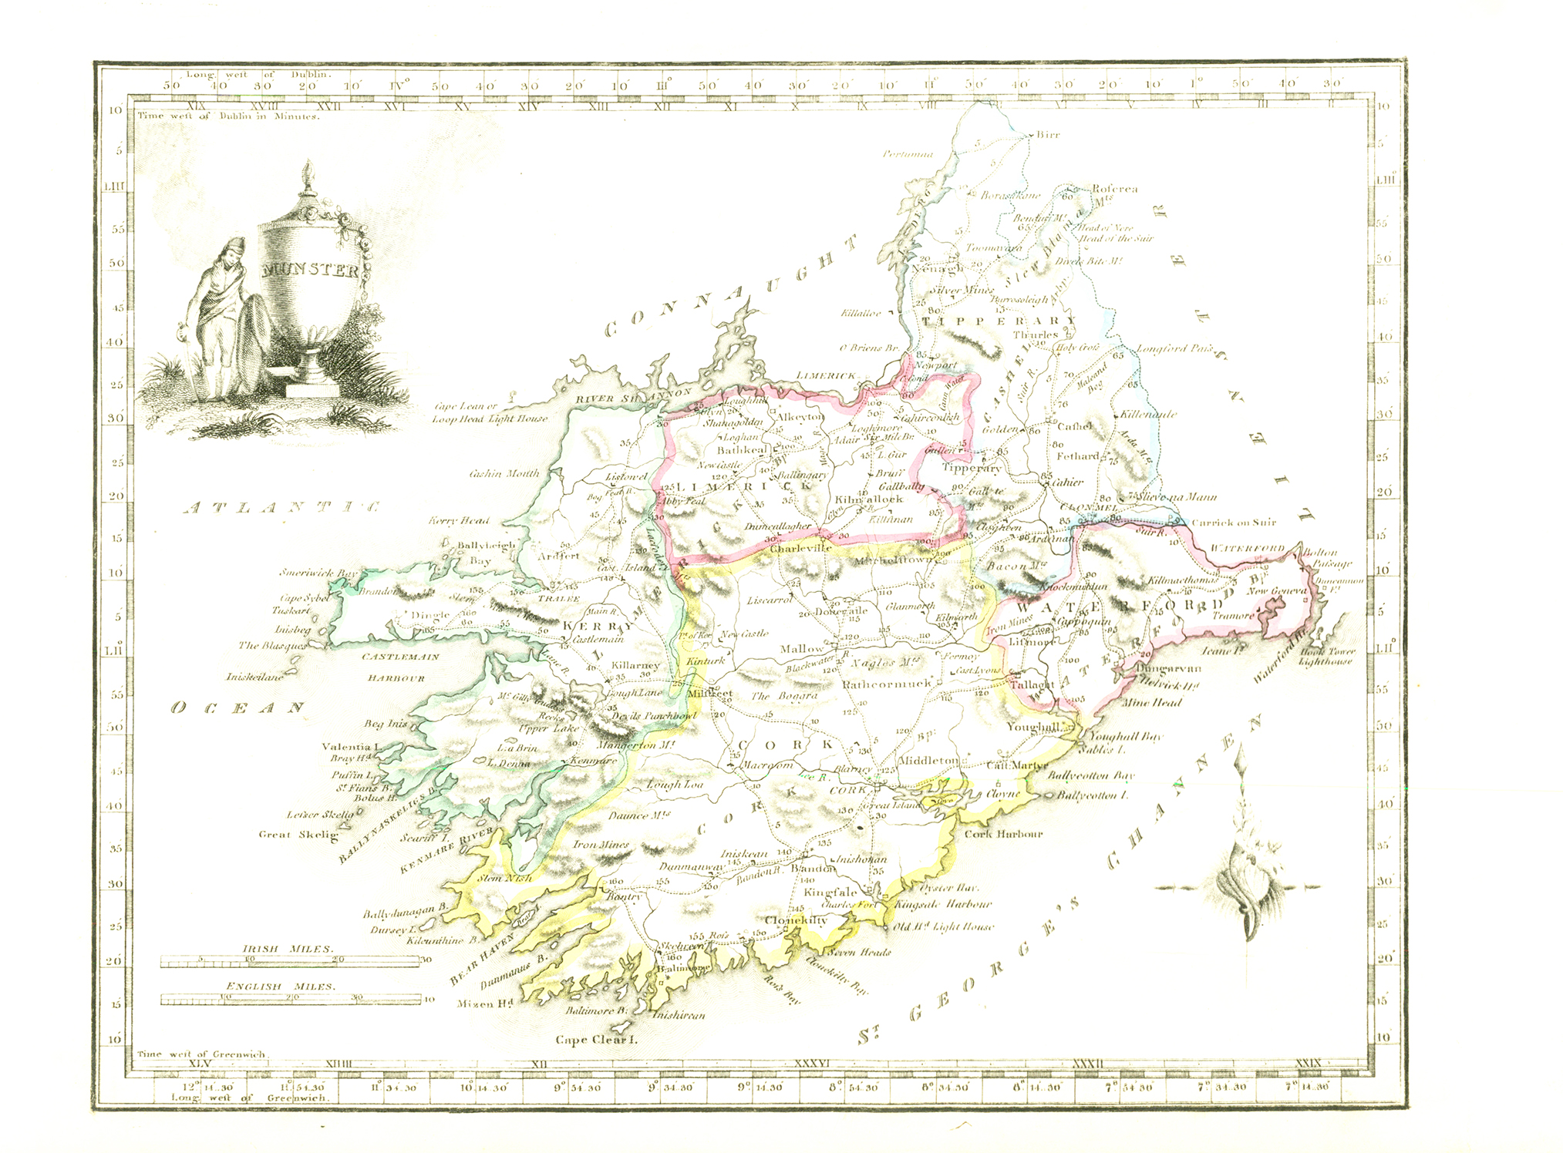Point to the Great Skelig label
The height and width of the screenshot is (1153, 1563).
298,834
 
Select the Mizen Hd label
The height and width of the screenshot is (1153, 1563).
485,1003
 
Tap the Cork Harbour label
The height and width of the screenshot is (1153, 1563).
1003,834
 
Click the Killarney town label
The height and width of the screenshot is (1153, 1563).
635,665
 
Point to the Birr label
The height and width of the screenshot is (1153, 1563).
1048,135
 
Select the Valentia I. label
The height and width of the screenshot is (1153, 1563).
351,746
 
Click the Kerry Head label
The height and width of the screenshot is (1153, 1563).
459,521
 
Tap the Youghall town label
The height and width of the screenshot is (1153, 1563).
1033,727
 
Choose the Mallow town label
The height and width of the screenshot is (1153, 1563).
802,649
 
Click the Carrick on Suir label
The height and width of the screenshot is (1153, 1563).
1233,523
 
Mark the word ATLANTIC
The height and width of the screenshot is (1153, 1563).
282,507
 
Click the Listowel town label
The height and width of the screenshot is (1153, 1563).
627,477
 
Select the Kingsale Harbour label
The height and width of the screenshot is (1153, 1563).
943,904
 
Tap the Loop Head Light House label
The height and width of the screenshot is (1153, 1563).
490,419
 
